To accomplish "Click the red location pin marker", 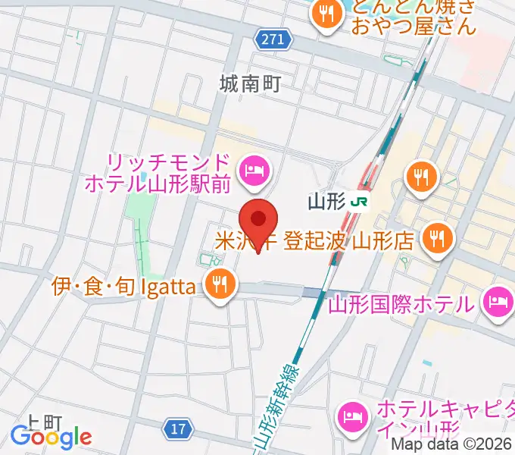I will tap(259, 222).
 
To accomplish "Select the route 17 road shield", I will tap(177, 429).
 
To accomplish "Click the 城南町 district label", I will tap(251, 83).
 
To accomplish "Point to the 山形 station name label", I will tap(327, 202).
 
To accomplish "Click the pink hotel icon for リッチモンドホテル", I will tap(252, 171).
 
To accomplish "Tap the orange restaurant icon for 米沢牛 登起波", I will tap(437, 239).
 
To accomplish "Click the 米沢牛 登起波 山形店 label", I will tap(314, 241).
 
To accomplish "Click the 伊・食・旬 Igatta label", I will tap(126, 287).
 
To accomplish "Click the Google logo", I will tap(51, 437).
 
